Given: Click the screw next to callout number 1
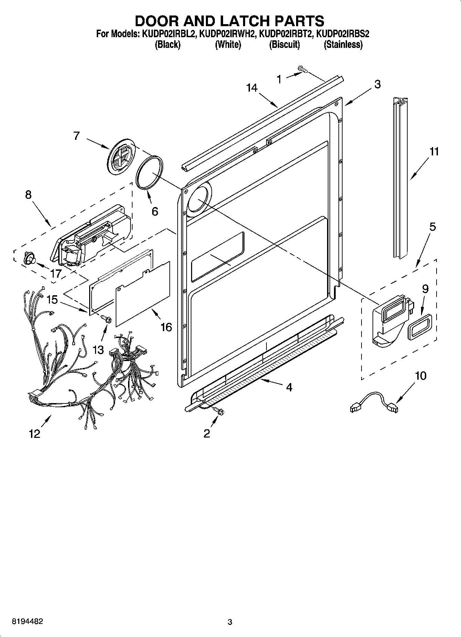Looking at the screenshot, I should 303,70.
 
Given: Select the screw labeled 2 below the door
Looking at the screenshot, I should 218,410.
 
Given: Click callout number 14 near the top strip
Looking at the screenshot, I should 252,88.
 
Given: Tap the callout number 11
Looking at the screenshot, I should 434,151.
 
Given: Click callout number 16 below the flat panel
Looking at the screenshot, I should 166,327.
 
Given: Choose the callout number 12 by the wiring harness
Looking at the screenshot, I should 35,433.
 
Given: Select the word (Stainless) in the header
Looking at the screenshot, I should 343,44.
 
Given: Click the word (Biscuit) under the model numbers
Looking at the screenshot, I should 284,44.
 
